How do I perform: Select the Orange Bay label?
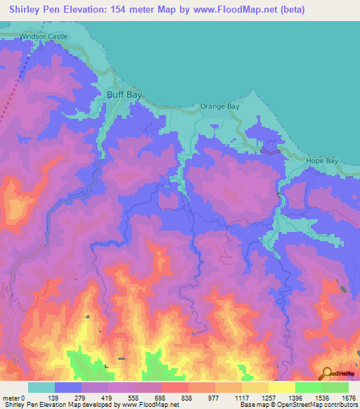click(220, 106)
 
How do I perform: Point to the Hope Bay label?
click(323, 161)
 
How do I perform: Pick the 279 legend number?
click(82, 398)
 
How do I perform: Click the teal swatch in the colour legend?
click(41, 387)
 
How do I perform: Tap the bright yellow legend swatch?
click(283, 387)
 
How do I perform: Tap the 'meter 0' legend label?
click(13, 398)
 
